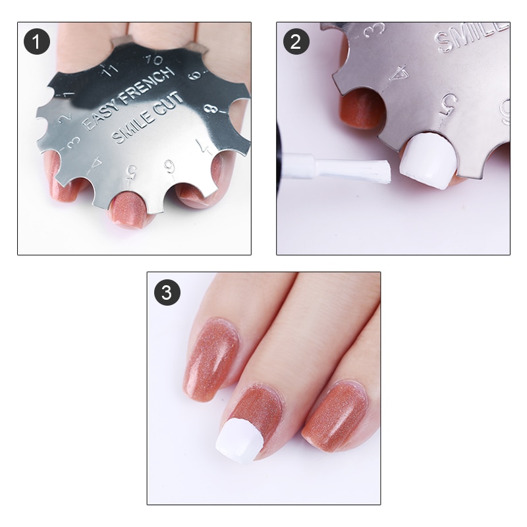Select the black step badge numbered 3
[167, 292]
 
